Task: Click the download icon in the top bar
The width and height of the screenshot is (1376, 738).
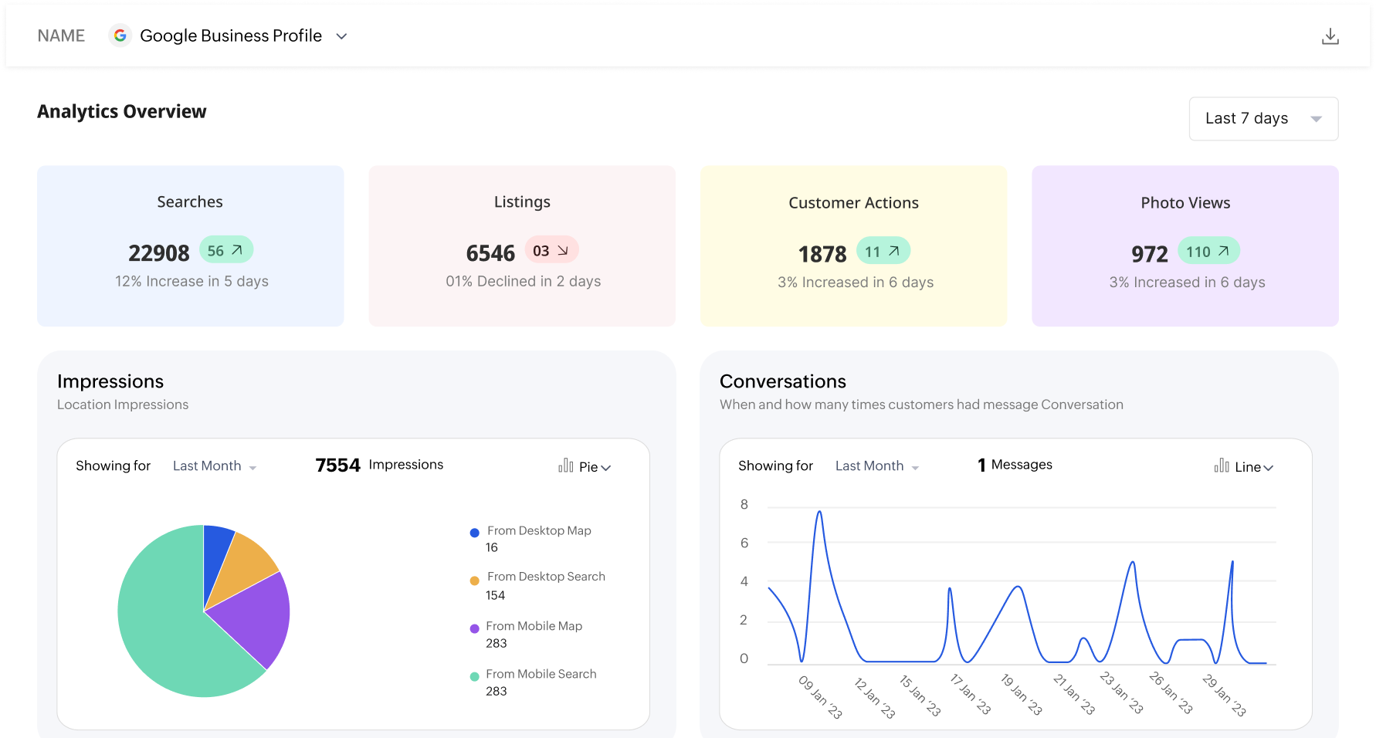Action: [x=1330, y=36]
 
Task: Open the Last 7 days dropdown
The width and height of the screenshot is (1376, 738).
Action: [x=1263, y=119]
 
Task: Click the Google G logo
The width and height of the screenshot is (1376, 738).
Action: [x=120, y=36]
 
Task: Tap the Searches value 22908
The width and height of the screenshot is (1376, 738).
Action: [x=159, y=253]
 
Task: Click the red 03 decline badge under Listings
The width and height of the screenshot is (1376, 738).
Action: [x=551, y=250]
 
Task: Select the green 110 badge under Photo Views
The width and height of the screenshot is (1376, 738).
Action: [x=1208, y=251]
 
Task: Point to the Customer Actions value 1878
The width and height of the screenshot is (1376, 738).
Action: [x=822, y=254]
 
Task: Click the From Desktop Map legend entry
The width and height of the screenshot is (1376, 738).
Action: [x=538, y=531]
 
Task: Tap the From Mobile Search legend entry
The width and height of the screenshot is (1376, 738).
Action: [x=541, y=674]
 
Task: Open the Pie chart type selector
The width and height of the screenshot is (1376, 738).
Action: [x=585, y=466]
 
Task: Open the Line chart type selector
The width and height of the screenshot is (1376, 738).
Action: [x=1244, y=466]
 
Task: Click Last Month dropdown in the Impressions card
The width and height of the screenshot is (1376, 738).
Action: [x=214, y=466]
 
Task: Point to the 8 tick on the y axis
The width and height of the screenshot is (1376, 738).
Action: [x=744, y=504]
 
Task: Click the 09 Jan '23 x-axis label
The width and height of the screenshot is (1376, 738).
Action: [x=820, y=696]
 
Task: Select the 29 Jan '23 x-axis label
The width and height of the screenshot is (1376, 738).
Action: [x=1224, y=694]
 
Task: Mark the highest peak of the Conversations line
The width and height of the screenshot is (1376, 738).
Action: [x=819, y=512]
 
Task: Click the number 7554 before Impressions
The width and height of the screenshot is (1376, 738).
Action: [x=337, y=465]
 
